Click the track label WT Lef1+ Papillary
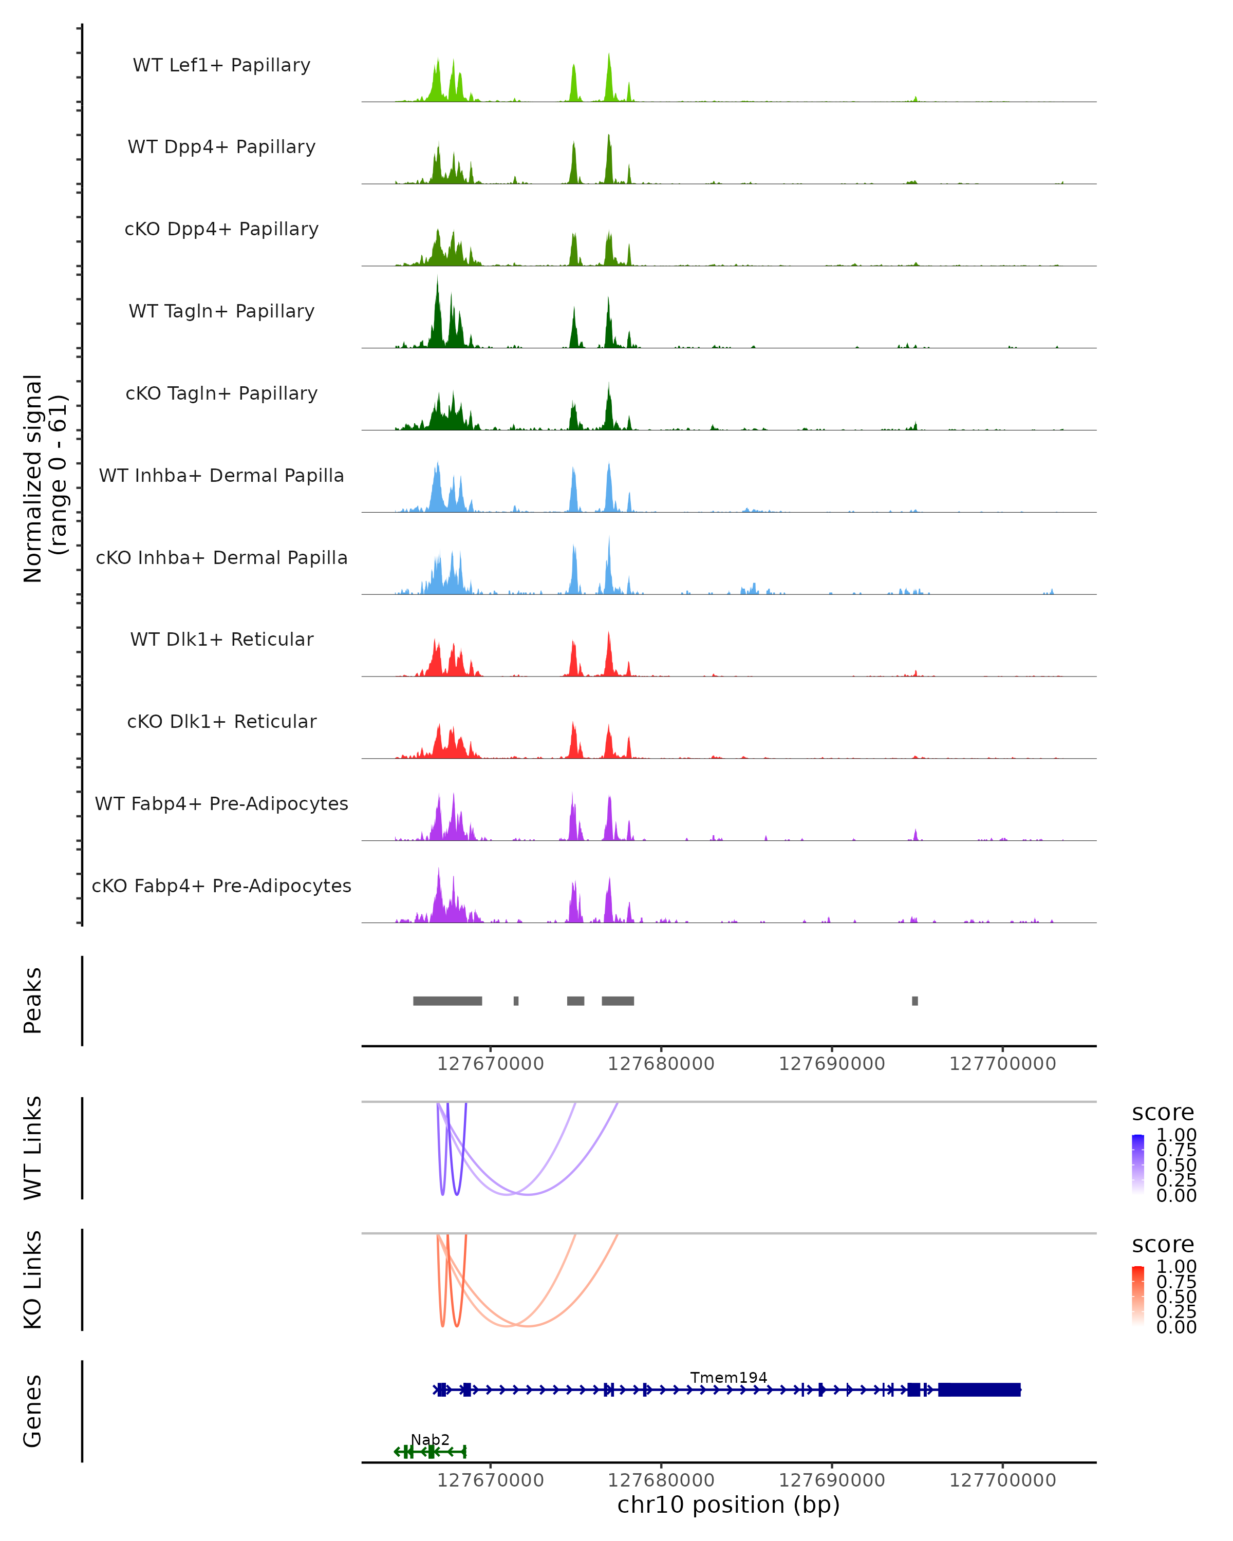pyautogui.click(x=221, y=65)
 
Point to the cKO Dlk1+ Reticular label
pyautogui.click(x=221, y=721)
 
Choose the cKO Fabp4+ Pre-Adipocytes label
pyautogui.click(x=221, y=886)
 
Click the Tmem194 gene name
pyautogui.click(x=728, y=1377)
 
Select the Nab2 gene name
pyautogui.click(x=429, y=1439)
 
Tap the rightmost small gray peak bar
pyautogui.click(x=915, y=1001)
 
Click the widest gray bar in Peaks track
pyautogui.click(x=447, y=1001)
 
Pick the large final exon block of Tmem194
pyautogui.click(x=979, y=1389)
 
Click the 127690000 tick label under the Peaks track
pyautogui.click(x=832, y=1064)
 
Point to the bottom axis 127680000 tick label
pyautogui.click(x=661, y=1480)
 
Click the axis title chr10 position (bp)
pyautogui.click(x=728, y=1505)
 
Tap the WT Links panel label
pyautogui.click(x=33, y=1148)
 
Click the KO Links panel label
pyautogui.click(x=33, y=1280)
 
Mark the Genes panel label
pyautogui.click(x=33, y=1411)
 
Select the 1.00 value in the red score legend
pyautogui.click(x=1176, y=1267)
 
